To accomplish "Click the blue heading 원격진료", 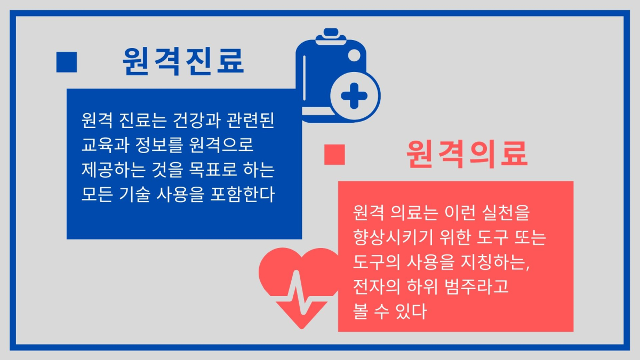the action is (183, 61).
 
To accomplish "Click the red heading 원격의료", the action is (467, 154).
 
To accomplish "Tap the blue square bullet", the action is (67, 62).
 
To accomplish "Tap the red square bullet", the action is (334, 155).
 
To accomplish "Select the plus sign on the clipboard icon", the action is (354, 96).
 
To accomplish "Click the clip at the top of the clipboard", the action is (331, 37).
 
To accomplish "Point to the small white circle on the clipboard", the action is (354, 55).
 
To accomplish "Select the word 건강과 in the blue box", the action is (197, 121).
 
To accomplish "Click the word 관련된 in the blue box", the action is (250, 121).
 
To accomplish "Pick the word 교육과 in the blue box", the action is (105, 145).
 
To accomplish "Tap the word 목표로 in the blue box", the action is (213, 170).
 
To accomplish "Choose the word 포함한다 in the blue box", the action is (242, 194).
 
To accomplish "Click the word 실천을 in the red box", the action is (506, 213).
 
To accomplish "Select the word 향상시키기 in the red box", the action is (394, 237).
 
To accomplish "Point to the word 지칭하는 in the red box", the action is (494, 262).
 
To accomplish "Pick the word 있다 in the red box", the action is (411, 311).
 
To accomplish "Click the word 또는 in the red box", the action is (530, 237).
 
